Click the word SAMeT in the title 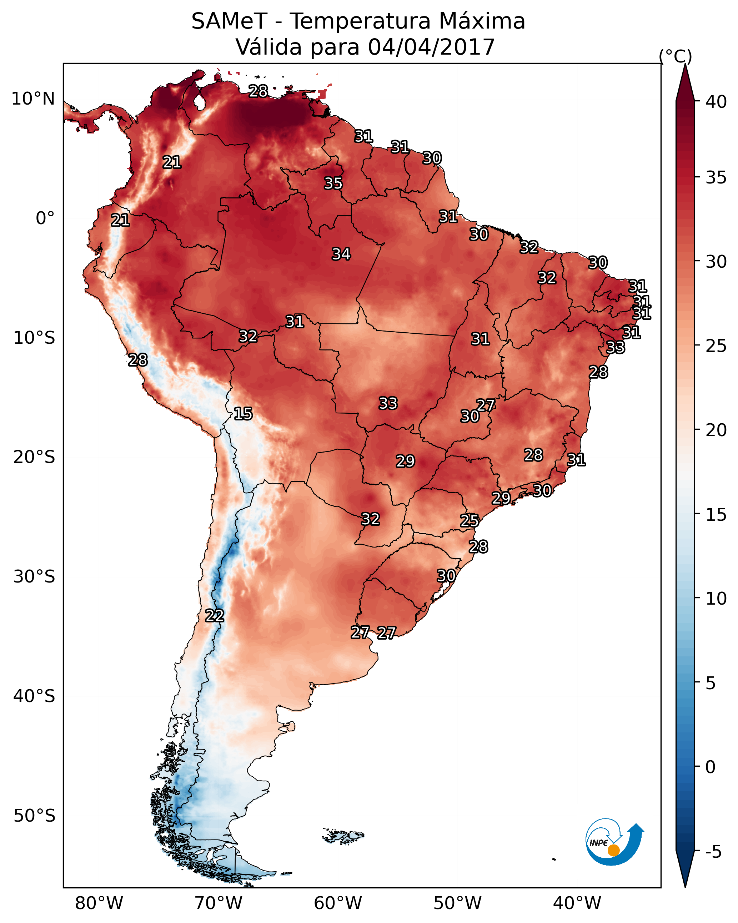click(x=229, y=21)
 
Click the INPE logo click(x=613, y=843)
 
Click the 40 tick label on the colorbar click(x=716, y=102)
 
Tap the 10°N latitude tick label click(x=33, y=99)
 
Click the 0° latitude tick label click(x=45, y=218)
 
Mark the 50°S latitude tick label click(x=34, y=816)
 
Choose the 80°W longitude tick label click(x=99, y=903)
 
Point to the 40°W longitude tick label click(x=577, y=903)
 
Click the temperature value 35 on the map click(x=333, y=183)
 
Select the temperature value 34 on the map click(x=341, y=254)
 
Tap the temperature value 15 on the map click(x=243, y=414)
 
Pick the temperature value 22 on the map click(x=214, y=616)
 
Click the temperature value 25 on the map click(x=469, y=521)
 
